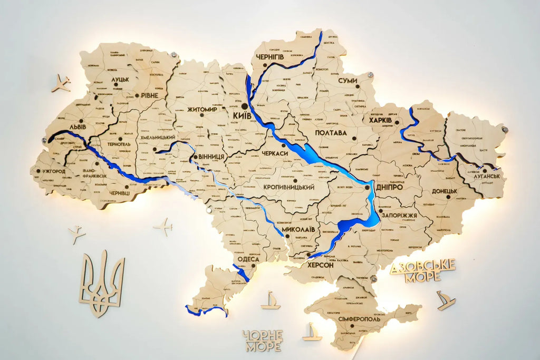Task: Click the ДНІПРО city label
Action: pos(390,187)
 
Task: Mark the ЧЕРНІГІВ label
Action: pos(270,56)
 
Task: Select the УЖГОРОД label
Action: pos(52,172)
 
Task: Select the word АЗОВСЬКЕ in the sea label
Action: pos(423,265)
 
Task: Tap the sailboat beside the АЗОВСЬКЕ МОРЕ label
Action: pos(446,300)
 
